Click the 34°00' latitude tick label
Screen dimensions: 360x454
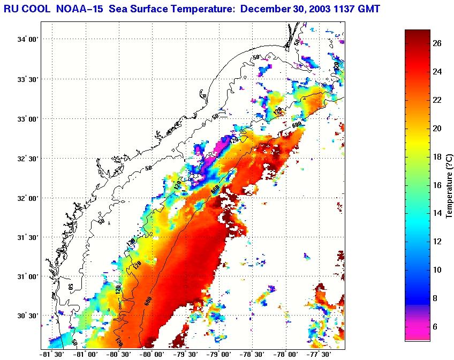tap(28, 40)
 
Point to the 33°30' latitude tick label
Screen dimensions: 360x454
tap(28, 79)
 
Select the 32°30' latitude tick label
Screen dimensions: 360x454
tap(28, 159)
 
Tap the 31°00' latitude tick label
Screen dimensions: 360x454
tap(28, 277)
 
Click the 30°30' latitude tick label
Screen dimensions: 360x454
tap(28, 316)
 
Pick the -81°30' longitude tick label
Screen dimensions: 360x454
tap(52, 354)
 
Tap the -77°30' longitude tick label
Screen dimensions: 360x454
tap(319, 354)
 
